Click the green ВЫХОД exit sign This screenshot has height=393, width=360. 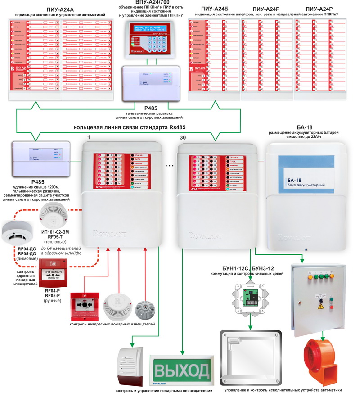(182, 371)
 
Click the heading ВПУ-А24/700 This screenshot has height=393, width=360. (146, 3)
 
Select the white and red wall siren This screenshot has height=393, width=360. (131, 365)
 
